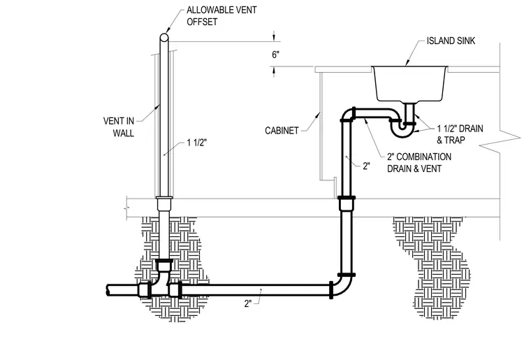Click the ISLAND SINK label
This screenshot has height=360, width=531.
click(451, 41)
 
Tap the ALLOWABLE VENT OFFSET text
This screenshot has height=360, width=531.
click(221, 16)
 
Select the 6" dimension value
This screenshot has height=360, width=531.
click(276, 55)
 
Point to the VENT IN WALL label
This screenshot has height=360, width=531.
click(119, 127)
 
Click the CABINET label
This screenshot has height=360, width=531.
click(282, 131)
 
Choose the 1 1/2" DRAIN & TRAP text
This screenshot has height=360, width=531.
click(460, 134)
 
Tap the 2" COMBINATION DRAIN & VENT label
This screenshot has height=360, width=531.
click(419, 163)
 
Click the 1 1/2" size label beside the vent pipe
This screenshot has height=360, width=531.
click(196, 143)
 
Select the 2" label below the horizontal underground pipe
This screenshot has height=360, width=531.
click(248, 304)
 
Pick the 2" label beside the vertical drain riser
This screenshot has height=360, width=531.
click(366, 166)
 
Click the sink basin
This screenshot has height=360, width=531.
click(409, 84)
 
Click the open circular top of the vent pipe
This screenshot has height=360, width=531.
click(164, 37)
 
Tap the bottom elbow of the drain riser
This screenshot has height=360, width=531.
click(342, 286)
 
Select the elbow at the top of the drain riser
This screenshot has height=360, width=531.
click(348, 115)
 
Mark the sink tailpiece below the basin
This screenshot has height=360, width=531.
click(409, 112)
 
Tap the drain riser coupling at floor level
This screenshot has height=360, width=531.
click(347, 203)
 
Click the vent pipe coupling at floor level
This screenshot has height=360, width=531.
click(164, 203)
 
